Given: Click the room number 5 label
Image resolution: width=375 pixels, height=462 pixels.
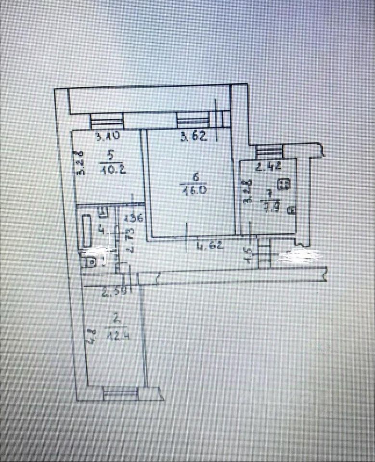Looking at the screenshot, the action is point(110,155).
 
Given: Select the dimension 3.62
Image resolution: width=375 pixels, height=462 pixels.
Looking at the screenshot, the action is point(194,137).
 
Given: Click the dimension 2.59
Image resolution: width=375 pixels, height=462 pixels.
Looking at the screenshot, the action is point(113,290).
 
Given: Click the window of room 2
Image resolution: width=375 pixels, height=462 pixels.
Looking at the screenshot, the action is point(120,395).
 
